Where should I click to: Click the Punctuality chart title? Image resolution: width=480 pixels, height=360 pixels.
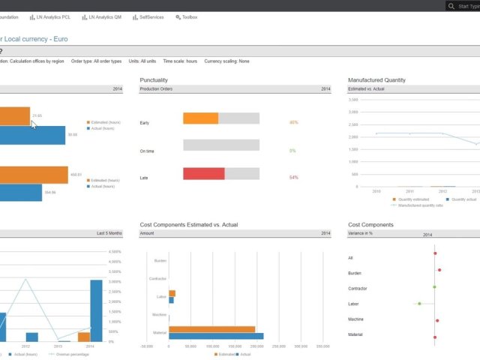point(154,79)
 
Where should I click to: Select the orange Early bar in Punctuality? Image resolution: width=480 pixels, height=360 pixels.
point(200,118)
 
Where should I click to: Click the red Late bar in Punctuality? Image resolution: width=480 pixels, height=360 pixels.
point(204,174)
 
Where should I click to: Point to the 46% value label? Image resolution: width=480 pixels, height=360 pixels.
point(293,122)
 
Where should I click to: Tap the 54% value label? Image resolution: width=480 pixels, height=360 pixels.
point(293,178)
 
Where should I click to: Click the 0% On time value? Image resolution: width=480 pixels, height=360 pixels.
point(292,150)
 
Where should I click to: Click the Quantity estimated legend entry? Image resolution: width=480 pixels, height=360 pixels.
point(410,199)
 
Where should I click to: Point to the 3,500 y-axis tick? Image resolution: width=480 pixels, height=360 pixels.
point(353,99)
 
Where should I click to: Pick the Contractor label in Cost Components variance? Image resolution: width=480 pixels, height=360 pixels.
point(357,288)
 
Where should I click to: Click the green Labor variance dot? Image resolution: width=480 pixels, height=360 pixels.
point(419,304)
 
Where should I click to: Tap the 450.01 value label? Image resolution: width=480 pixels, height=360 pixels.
point(76,175)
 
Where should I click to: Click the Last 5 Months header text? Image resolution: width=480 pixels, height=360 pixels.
point(109,234)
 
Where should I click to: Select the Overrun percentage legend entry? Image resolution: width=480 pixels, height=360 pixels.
point(70,354)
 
